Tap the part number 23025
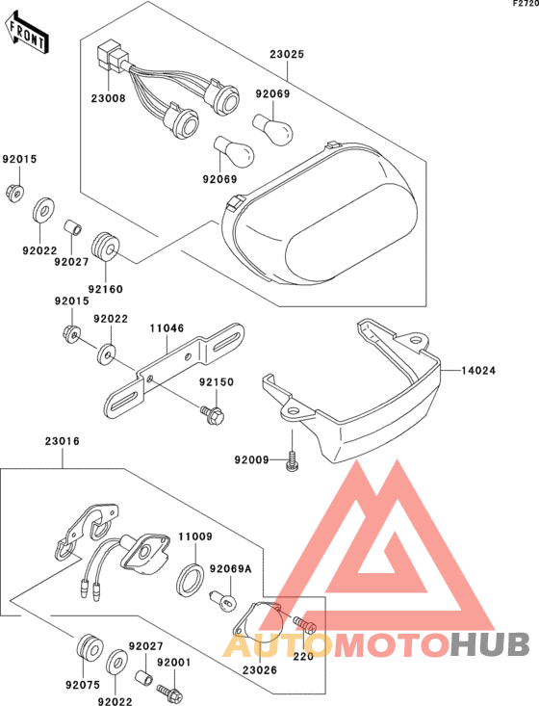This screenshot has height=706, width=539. tap(287, 54)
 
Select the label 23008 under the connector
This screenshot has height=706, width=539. tap(108, 97)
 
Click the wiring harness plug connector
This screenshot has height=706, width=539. tap(112, 55)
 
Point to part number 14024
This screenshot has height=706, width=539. tap(478, 371)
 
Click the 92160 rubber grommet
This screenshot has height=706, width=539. tap(105, 247)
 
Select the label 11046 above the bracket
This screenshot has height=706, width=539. tap(167, 328)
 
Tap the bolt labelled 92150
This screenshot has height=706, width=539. tap(214, 414)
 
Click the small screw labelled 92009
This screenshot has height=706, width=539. tap(292, 461)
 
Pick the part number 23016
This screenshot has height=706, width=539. tap(63, 441)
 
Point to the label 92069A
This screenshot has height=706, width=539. tap(231, 569)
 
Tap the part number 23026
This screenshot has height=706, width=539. tap(260, 670)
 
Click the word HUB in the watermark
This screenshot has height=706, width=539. tap(490, 644)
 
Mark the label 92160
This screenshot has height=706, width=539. tap(105, 289)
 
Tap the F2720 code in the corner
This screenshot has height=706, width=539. tap(526, 4)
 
